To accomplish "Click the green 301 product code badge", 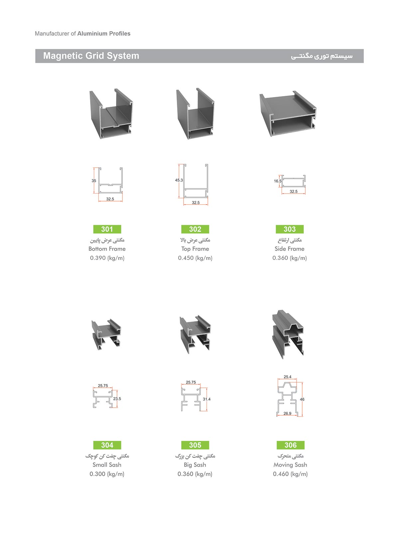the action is point(107,229).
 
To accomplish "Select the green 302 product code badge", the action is point(195,229).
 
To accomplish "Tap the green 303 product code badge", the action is point(290,229).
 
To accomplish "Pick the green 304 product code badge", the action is point(107,445).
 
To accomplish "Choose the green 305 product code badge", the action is point(195,445).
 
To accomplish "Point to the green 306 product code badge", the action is point(291,445).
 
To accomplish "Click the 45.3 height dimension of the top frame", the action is point(179,180).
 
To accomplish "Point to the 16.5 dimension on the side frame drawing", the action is point(278,181).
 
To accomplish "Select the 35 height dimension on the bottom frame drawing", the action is point(94,181).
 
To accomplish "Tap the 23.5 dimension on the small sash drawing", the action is point(117,398).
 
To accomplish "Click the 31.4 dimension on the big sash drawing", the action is point(206,399).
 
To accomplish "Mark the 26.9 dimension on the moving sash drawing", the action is point(288,413).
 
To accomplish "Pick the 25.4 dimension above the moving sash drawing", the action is point(288,377).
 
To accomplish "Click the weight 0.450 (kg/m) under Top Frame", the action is point(195,258).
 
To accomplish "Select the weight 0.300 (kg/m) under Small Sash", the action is point(107,474).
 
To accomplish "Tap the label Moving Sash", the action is point(290,465).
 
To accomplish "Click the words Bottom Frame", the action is point(107,249).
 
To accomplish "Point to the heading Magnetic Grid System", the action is point(91,56).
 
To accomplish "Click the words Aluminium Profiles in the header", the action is point(104,34).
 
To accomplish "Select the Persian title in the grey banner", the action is point(322,56).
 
